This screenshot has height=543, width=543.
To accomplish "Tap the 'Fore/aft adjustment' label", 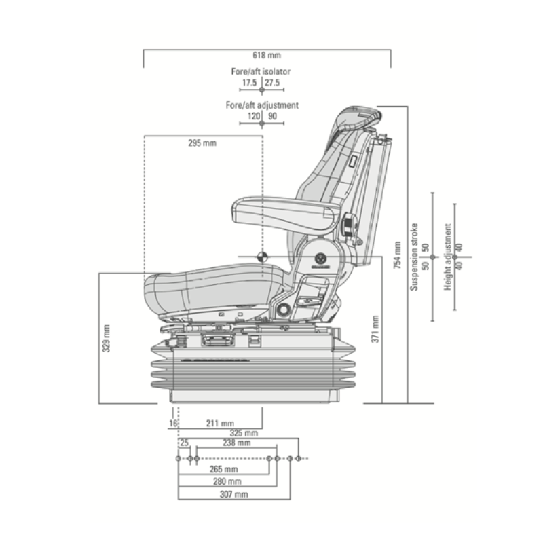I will (x=262, y=105).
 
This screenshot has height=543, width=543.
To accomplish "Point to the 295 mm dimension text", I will (x=202, y=143).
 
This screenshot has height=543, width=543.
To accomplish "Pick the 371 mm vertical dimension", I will (x=375, y=326).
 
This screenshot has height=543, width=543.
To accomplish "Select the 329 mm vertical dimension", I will (x=106, y=337).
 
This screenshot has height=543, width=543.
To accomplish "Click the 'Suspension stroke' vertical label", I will (x=414, y=257).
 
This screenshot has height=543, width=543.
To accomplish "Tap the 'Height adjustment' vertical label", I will (x=448, y=259).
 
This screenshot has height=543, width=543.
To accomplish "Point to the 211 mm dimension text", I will (x=220, y=423).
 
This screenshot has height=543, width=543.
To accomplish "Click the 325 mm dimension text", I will (x=244, y=433).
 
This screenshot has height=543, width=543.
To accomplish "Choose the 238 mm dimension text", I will (x=236, y=443).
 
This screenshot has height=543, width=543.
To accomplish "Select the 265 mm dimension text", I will (x=224, y=469).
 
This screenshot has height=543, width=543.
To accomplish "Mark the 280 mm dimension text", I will (x=228, y=481).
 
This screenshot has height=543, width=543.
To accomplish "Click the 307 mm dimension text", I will (x=233, y=494).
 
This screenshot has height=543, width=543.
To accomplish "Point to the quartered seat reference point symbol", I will (x=262, y=257).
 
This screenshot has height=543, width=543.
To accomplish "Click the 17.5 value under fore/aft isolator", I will (x=249, y=83).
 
